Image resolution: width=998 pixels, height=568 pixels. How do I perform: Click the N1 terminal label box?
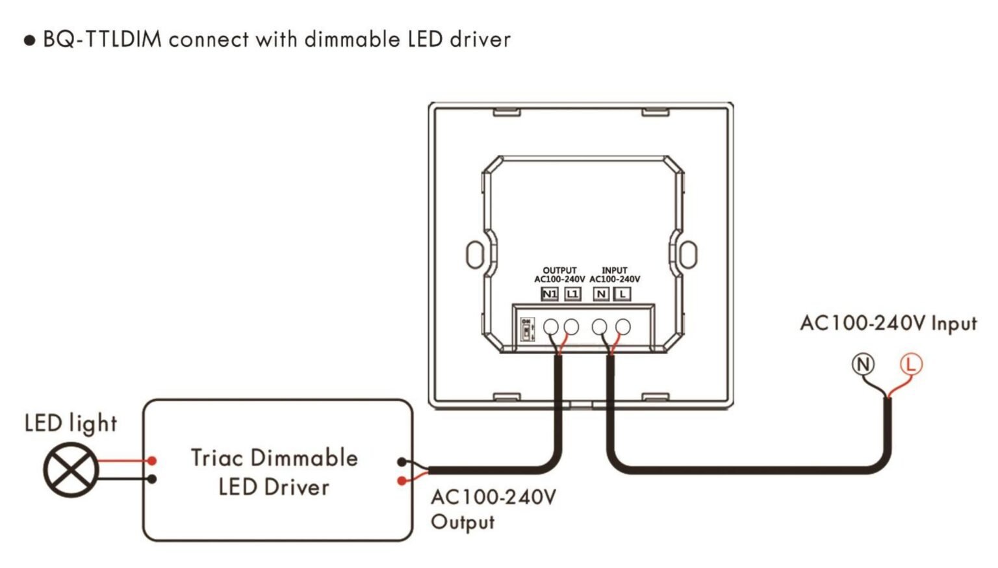(550, 294)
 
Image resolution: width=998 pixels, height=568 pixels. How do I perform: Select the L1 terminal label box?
(572, 294)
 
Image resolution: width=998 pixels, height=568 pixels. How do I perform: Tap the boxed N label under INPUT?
(601, 294)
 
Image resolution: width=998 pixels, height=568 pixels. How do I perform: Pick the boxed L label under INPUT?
(622, 294)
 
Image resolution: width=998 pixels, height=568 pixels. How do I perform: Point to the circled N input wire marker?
(863, 364)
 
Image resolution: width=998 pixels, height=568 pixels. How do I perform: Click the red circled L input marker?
(910, 364)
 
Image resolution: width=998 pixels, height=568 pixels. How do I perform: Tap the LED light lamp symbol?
(70, 470)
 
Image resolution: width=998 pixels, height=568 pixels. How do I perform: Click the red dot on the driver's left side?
(152, 460)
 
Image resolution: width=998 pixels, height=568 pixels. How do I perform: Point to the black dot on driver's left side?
(152, 479)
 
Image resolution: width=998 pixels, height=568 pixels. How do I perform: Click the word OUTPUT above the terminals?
(559, 270)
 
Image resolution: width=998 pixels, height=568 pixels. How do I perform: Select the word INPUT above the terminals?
(615, 270)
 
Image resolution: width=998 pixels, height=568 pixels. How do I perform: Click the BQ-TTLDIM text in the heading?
(102, 40)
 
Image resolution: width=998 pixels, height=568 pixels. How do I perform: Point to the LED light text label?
(71, 424)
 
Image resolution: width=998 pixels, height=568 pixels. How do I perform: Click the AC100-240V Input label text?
(888, 323)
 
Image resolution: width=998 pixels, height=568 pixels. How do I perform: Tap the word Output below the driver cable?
(463, 522)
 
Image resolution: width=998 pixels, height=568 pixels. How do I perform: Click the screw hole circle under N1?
(550, 327)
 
